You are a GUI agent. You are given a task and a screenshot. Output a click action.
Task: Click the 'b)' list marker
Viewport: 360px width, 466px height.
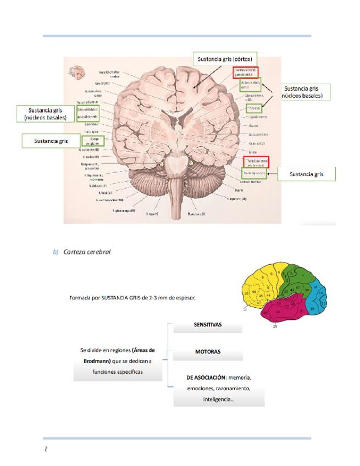pos(56,252)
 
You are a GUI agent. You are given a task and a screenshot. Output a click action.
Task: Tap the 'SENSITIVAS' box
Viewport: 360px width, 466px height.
pos(207,325)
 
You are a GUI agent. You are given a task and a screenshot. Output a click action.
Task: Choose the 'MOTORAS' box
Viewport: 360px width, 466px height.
pos(207,351)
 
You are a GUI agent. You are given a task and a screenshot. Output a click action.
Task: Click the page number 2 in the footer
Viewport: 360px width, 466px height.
pos(46,450)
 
